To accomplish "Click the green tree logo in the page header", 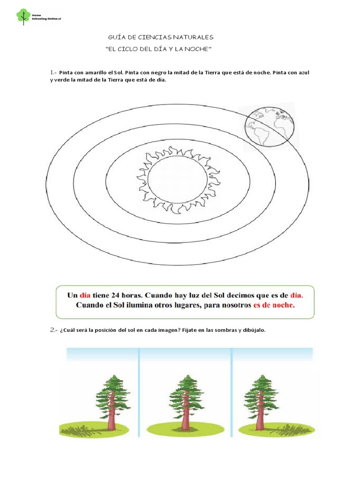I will click(x=22, y=16).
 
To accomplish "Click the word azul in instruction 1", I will click(x=303, y=73).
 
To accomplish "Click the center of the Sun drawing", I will click(x=177, y=180).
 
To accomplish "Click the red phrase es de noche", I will click(x=274, y=305).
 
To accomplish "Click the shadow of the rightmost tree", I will click(x=291, y=427).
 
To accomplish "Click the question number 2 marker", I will click(x=52, y=330).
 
